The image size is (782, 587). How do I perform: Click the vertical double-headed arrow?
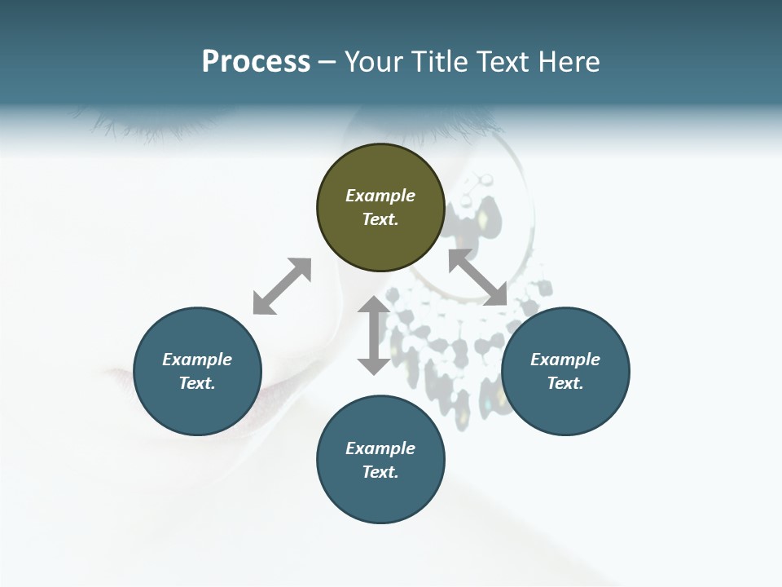point(374,335)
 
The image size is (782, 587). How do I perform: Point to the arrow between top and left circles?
point(282,286)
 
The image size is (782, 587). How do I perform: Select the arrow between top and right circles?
point(477,277)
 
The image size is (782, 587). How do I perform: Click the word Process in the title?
point(256,62)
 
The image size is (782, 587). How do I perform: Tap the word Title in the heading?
point(441,62)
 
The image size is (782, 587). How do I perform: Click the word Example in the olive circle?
point(380,196)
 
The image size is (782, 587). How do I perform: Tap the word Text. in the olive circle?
point(380,219)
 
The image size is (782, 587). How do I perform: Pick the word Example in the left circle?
point(197,360)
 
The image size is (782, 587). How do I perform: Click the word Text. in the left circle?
point(197,383)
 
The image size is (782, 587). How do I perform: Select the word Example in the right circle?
point(565,360)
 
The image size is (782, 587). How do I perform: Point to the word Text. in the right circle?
point(565,383)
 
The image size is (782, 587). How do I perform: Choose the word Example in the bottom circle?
point(380,448)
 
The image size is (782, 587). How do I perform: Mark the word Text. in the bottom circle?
point(380,472)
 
